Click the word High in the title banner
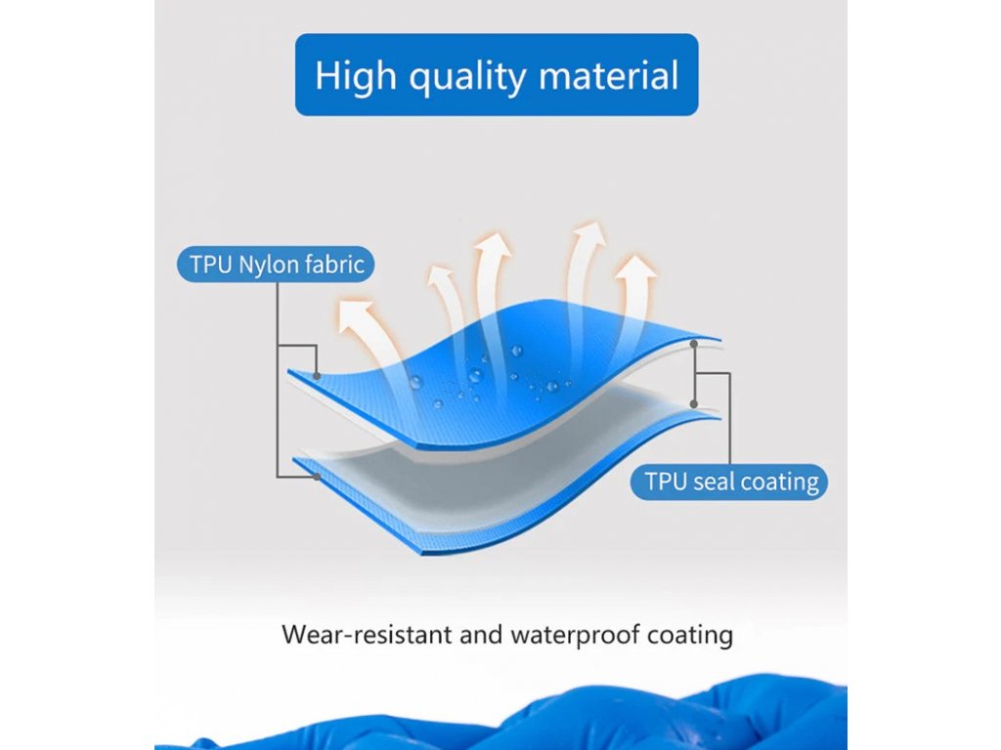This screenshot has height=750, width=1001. tap(356, 76)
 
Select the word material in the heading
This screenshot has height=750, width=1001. tap(608, 75)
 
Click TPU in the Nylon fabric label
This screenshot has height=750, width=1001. tap(211, 264)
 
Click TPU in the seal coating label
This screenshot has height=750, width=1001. tap(665, 481)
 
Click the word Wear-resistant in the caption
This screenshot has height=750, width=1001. tap(367, 635)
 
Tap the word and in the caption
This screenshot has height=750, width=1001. tap(481, 635)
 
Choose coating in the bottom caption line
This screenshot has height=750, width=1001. tap(690, 636)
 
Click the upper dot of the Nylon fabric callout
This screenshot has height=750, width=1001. tap(317, 376)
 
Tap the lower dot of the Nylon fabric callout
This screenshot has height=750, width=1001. tap(317, 477)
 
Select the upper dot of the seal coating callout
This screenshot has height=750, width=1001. tap(694, 344)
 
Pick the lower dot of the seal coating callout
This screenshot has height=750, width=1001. tap(694, 404)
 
